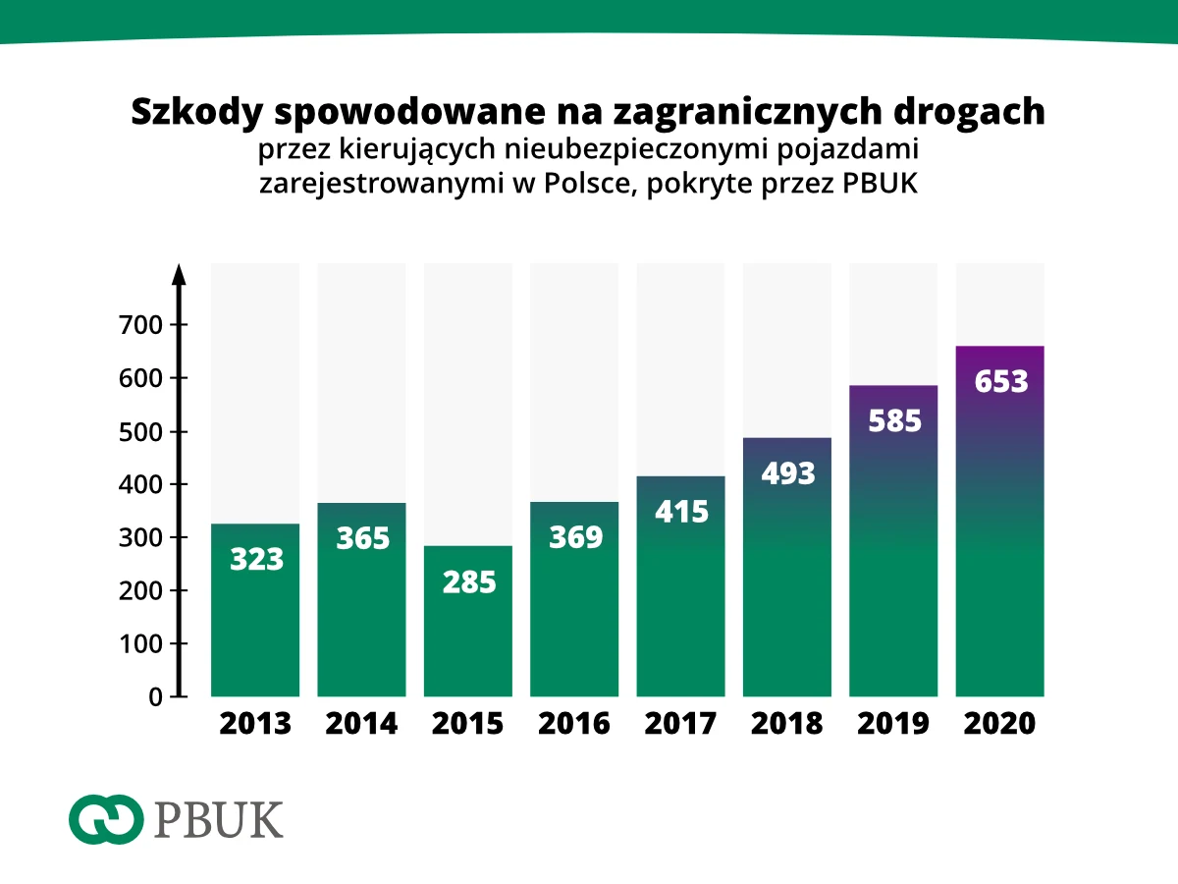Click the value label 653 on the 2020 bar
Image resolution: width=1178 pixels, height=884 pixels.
tap(1000, 381)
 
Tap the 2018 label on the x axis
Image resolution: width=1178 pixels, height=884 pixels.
tap(787, 724)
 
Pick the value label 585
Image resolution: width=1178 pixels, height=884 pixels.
tap(894, 420)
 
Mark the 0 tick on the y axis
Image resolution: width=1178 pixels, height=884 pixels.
tap(155, 696)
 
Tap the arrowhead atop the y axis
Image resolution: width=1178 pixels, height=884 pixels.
tap(180, 272)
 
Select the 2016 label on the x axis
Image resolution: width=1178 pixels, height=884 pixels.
tap(574, 724)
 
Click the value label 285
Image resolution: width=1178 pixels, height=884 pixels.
tap(468, 581)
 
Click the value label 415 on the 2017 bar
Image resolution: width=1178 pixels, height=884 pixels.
tap(681, 512)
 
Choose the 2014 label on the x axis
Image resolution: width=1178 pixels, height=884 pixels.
tap(361, 724)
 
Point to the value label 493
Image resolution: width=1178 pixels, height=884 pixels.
tap(787, 473)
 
